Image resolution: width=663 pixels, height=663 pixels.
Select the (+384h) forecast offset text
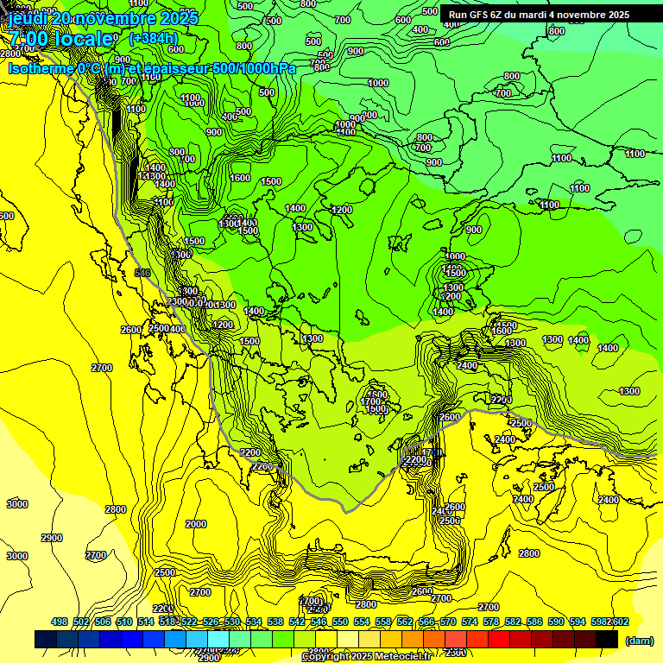pos(153,39)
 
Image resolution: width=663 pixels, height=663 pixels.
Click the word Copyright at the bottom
pos(325,657)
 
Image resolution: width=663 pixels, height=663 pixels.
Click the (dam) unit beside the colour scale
pos(639,640)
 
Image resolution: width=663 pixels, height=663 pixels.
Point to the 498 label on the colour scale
pos(60,622)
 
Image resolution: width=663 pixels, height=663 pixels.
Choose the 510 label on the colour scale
pos(124,622)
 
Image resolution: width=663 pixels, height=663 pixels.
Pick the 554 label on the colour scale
pos(362,622)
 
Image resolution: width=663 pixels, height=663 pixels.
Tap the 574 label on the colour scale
pos(470,622)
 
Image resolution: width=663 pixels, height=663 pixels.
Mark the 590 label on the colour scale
pos(556,622)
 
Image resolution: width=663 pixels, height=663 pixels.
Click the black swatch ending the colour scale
pos(607,640)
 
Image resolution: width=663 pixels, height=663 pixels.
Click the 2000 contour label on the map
pos(196,524)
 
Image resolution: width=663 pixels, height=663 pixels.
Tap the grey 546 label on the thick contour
pos(142,273)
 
